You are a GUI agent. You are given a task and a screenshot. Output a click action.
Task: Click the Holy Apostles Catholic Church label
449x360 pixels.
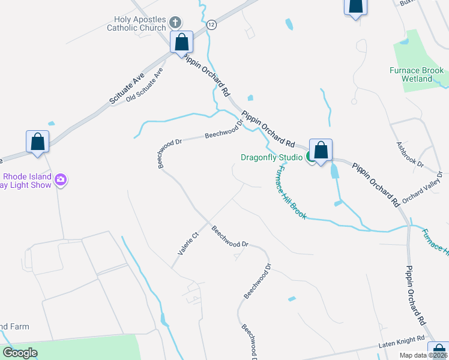pyautogui.click(x=136, y=23)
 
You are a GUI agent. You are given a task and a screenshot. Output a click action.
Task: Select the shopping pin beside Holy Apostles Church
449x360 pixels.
pyautogui.click(x=182, y=43)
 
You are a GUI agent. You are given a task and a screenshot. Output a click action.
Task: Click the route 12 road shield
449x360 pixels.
pyautogui.click(x=211, y=25)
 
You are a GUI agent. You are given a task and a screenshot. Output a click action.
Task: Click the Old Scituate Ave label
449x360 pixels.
pyautogui.click(x=145, y=85)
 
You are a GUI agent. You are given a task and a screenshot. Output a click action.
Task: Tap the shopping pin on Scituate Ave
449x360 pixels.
pyautogui.click(x=38, y=142)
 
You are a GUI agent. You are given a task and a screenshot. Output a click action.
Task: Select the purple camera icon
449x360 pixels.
pyautogui.click(x=60, y=179)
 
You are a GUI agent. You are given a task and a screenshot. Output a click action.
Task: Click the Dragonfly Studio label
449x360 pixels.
pyautogui.click(x=271, y=158)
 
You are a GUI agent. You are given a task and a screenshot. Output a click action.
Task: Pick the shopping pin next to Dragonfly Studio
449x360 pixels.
pyautogui.click(x=321, y=150)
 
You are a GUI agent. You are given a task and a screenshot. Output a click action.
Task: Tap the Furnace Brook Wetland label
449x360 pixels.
pyautogui.click(x=416, y=74)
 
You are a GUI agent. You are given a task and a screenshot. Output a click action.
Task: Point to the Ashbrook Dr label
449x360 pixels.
pyautogui.click(x=410, y=154)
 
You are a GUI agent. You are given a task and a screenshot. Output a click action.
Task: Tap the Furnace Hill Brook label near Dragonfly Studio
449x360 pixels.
pyautogui.click(x=291, y=193)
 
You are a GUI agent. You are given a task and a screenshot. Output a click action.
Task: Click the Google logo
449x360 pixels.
pyautogui.click(x=20, y=352)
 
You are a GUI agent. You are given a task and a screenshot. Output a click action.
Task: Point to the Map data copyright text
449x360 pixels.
pyautogui.click(x=424, y=355)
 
